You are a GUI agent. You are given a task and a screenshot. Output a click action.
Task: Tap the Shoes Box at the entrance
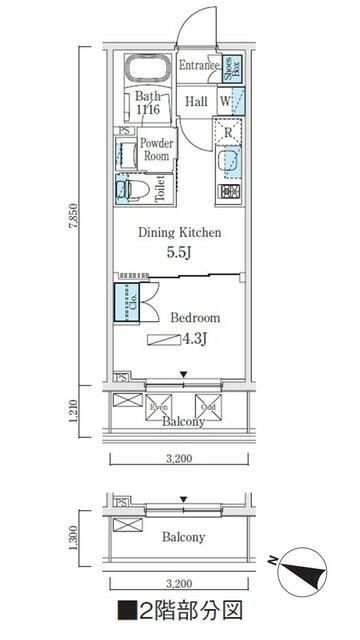tap(229, 68)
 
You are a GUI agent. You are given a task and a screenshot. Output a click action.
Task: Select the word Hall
tap(195, 101)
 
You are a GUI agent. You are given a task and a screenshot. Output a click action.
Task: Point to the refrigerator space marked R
tap(229, 131)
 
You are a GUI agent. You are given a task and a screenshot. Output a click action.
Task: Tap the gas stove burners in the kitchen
tap(230, 190)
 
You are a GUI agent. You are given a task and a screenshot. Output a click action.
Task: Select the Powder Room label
tap(157, 150)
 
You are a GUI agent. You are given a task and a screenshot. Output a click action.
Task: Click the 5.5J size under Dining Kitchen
tap(180, 254)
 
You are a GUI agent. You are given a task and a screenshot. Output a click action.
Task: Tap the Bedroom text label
tap(194, 318)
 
